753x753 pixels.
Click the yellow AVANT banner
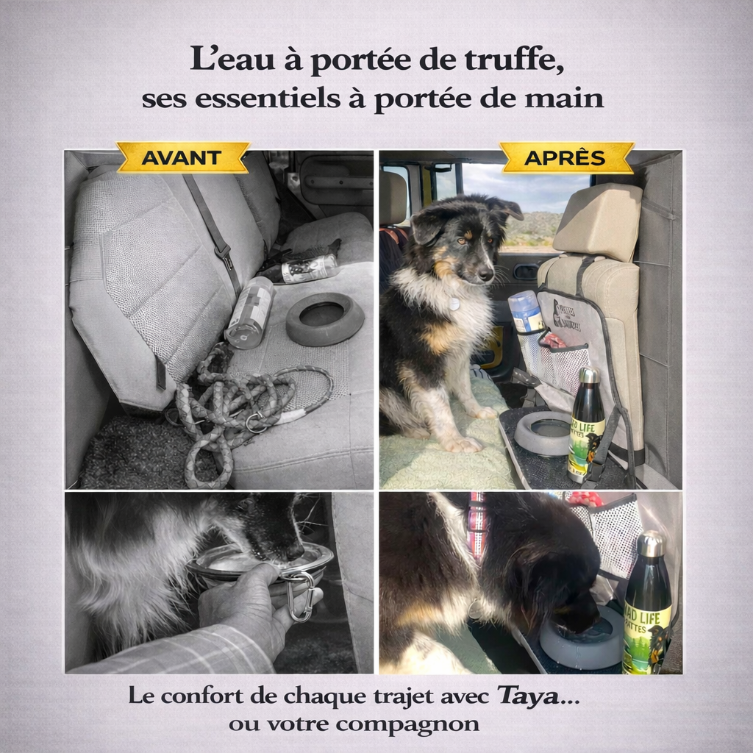(182, 157)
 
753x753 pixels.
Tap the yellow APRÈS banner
(565, 157)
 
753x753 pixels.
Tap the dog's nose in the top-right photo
(485, 274)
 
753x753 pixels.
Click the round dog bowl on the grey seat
(324, 318)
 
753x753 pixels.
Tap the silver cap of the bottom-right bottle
(650, 544)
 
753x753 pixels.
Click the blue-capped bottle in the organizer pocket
(527, 312)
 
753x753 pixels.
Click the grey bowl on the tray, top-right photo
(544, 432)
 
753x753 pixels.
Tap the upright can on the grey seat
(249, 312)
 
